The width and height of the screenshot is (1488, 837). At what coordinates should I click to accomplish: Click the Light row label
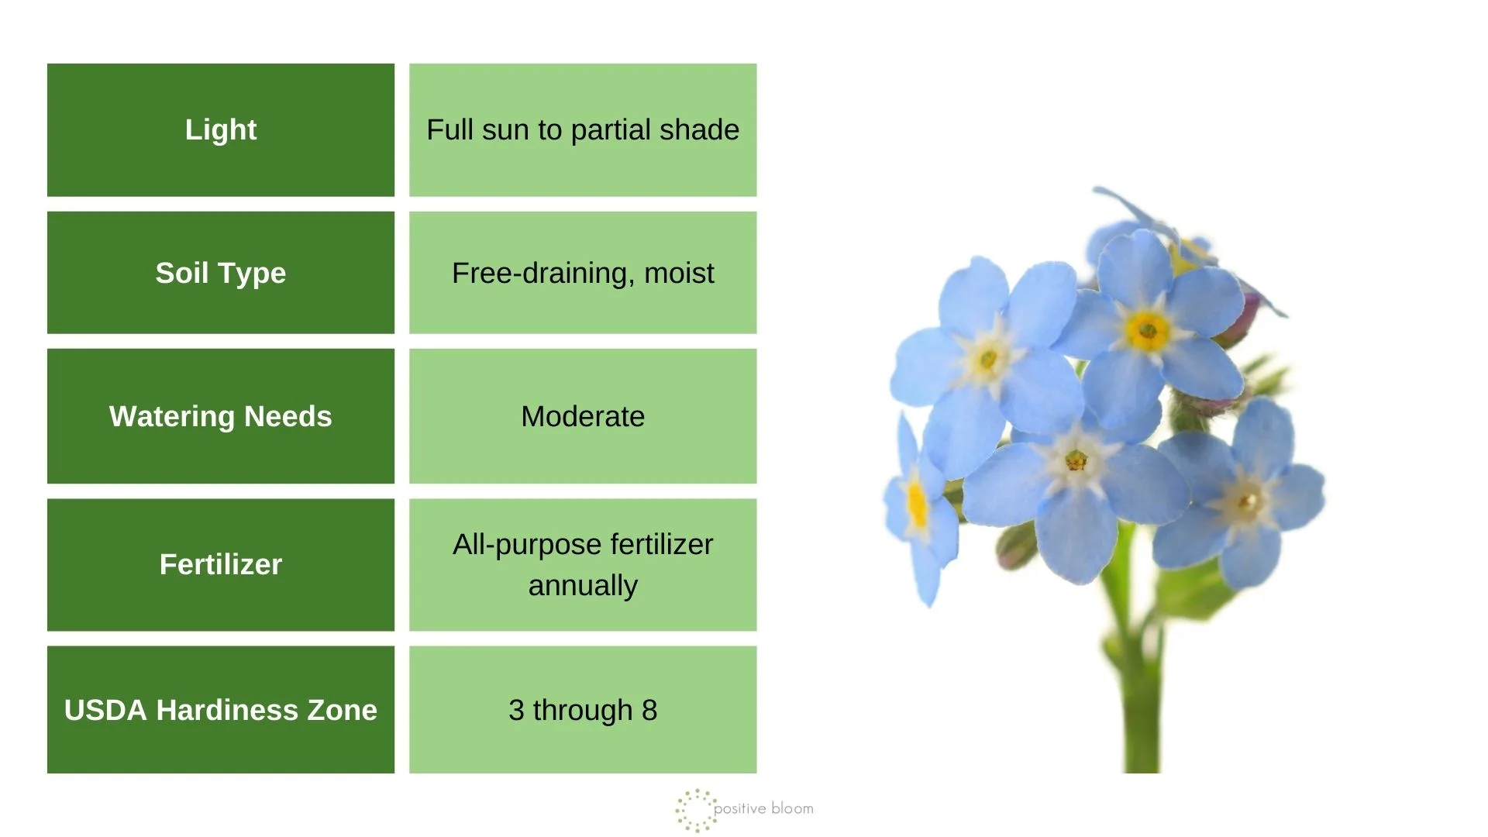pos(221,130)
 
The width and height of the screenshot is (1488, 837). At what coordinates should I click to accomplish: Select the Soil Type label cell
pos(221,273)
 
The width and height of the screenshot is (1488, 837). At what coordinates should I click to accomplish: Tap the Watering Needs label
pos(221,416)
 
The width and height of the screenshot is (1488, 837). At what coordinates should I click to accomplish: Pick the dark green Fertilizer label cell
pos(221,564)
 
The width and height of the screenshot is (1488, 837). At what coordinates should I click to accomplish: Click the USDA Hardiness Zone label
pos(221,710)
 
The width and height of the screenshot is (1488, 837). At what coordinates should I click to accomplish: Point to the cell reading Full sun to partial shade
pos(583,130)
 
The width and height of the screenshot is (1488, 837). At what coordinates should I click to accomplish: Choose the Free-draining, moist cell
pos(583,273)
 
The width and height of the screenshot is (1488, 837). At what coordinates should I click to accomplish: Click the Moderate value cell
pos(583,416)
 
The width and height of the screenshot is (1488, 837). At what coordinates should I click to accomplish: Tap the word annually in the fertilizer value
pos(583,586)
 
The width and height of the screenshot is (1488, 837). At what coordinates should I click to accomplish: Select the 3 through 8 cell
pos(583,710)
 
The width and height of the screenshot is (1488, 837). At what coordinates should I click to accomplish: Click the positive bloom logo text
pos(763,808)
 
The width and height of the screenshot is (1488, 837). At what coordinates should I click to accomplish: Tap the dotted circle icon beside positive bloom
pos(695,810)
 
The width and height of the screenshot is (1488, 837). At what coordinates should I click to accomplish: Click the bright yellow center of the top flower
pos(1147,331)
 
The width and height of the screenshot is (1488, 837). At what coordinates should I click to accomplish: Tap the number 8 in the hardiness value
pos(649,710)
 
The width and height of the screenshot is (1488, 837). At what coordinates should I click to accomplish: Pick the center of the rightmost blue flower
pos(1247,501)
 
